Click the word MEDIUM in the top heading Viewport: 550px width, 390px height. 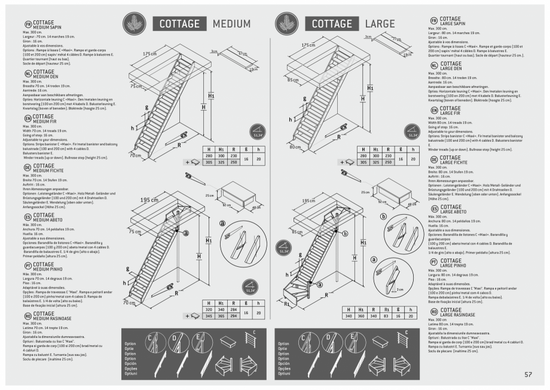coord(231,23)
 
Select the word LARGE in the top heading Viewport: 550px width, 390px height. coord(380,23)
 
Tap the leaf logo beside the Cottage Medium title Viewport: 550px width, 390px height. coord(132,23)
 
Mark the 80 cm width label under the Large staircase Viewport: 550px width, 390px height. coord(294,147)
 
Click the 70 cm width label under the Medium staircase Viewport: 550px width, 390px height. coord(136,155)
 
